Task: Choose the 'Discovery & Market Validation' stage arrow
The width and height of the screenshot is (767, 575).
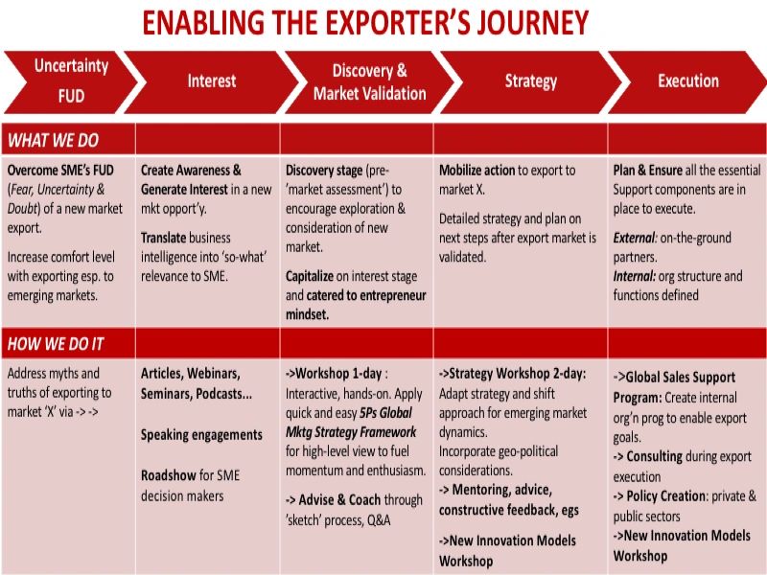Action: [369, 81]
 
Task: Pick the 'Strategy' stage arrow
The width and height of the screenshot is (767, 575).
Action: [530, 80]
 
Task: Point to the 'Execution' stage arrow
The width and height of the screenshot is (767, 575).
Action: [687, 80]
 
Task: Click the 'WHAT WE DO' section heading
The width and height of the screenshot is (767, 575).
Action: [54, 141]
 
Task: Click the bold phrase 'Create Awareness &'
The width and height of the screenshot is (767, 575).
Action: [191, 171]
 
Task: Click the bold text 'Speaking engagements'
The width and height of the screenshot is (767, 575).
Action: [201, 434]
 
